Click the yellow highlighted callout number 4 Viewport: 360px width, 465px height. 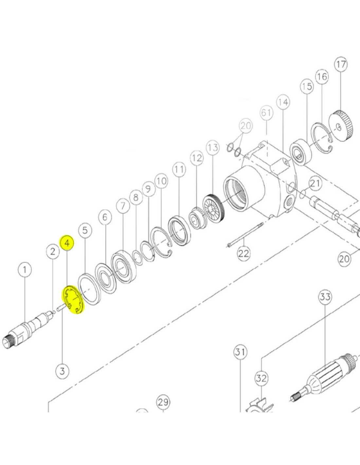tap(67, 243)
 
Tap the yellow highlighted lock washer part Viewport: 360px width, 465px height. tap(73, 300)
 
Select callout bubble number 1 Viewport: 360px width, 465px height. tap(25, 270)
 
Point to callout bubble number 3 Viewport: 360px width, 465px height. tap(62, 370)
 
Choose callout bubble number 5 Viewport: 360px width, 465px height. tap(85, 231)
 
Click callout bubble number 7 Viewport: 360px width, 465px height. tap(123, 206)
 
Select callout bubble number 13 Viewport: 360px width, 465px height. tap(213, 148)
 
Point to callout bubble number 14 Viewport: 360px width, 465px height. tap(283, 102)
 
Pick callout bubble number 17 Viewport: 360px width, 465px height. tap(341, 64)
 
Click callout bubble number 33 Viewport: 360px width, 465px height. tap(325, 297)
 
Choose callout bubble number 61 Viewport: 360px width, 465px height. tap(266, 112)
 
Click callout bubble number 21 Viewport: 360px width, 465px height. tap(315, 183)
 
